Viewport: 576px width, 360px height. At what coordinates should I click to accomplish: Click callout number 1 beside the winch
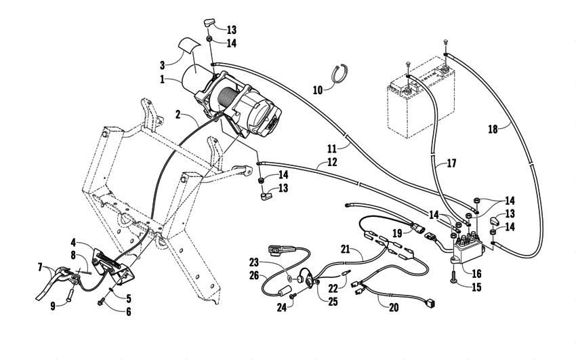(163, 79)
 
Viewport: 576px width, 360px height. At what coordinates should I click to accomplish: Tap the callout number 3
(163, 65)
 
